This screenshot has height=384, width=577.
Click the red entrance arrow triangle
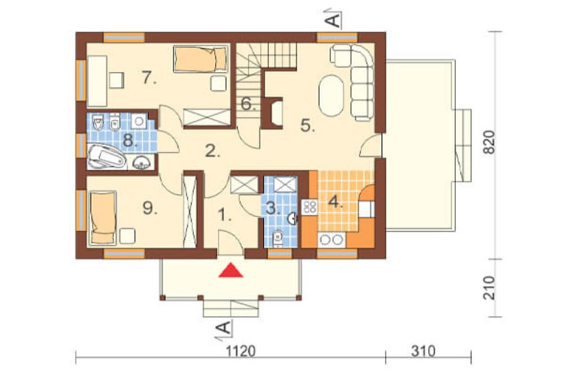pyautogui.click(x=231, y=270)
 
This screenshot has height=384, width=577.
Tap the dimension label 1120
pyautogui.click(x=240, y=351)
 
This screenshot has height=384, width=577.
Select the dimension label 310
pyautogui.click(x=423, y=351)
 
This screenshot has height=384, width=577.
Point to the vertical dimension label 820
pyautogui.click(x=489, y=142)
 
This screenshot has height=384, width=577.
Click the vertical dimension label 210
pyautogui.click(x=489, y=288)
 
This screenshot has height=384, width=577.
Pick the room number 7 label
pyautogui.click(x=149, y=78)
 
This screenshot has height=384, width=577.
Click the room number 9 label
pyautogui.click(x=150, y=209)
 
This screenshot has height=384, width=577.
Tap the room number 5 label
pyautogui.click(x=308, y=126)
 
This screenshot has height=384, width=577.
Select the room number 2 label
pyautogui.click(x=212, y=151)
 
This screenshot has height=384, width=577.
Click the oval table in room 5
pyautogui.click(x=332, y=96)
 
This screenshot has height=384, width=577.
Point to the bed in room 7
pyautogui.click(x=201, y=59)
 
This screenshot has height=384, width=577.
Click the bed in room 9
pyautogui.click(x=103, y=217)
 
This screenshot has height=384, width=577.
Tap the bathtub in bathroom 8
pyautogui.click(x=106, y=157)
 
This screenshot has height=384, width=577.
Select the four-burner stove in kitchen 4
pyautogui.click(x=309, y=207)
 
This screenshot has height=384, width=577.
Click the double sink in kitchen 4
pyautogui.click(x=332, y=240)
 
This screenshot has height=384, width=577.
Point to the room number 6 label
pyautogui.click(x=248, y=104)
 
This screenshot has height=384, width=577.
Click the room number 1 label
pyautogui.click(x=224, y=214)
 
